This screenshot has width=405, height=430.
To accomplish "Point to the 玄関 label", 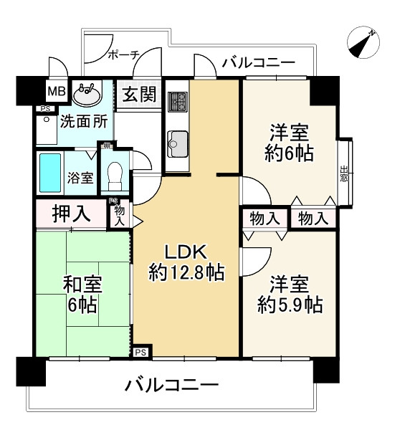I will pyautogui.click(x=138, y=94).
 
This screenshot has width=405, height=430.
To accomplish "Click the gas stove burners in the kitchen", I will pyautogui.click(x=177, y=102).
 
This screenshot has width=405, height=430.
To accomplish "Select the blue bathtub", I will pyautogui.click(x=50, y=173).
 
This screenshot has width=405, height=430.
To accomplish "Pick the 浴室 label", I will pyautogui.click(x=80, y=177).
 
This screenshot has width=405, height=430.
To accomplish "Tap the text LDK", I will pyautogui.click(x=186, y=252).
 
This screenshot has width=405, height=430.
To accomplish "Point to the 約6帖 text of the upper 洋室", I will pyautogui.click(x=289, y=152).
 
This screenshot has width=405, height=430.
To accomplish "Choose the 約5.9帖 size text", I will pyautogui.click(x=290, y=305).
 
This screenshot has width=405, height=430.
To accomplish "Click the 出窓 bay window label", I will pyautogui.click(x=344, y=174).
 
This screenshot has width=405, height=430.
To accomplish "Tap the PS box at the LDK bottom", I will pyautogui.click(x=140, y=352).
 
